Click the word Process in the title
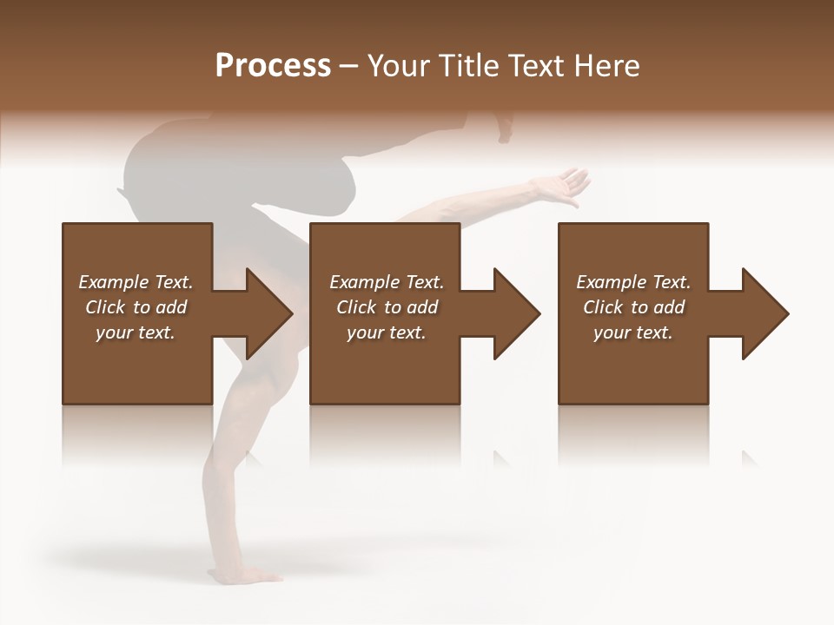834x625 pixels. pyautogui.click(x=273, y=66)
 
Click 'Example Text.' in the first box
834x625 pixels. pyautogui.click(x=136, y=282)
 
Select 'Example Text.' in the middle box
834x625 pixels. pyautogui.click(x=387, y=282)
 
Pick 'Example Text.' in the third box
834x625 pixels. pyautogui.click(x=633, y=282)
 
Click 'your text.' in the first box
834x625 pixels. pyautogui.click(x=136, y=332)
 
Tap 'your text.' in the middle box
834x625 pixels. pyautogui.click(x=387, y=332)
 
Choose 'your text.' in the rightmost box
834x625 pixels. pyautogui.click(x=633, y=332)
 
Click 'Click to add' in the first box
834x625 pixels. pyautogui.click(x=136, y=307)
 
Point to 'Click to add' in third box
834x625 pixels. pyautogui.click(x=633, y=307)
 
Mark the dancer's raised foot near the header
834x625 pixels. pyautogui.click(x=504, y=128)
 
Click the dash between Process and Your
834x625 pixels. pyautogui.click(x=349, y=66)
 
